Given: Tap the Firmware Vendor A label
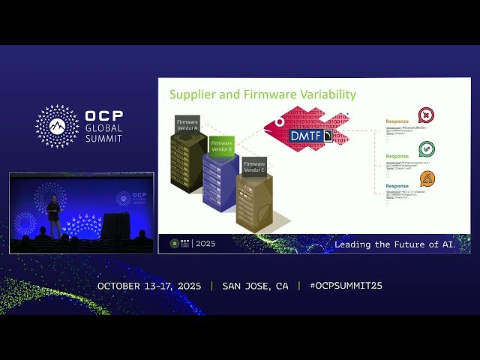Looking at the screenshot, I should pos(187,124).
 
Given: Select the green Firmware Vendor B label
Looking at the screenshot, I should pos(222,145).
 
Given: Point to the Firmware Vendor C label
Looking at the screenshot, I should pos(254,166).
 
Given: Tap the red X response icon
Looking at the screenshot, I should pos(426,115).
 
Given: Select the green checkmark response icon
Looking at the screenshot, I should pos(427,148).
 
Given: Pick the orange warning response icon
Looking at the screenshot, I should pos(427,178).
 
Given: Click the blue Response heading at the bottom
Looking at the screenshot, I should pos(397,186).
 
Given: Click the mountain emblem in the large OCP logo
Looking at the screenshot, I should pos(57,125).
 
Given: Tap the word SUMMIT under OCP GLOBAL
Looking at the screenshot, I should pos(103,138).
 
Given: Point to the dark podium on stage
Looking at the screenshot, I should pos(115,226).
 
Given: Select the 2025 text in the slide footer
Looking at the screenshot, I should pos(205,244).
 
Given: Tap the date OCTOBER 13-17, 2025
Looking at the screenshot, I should pos(151,286).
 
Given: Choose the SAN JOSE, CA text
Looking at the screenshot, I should pos(255,286).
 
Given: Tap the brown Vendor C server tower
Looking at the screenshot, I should pos(254,202).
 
